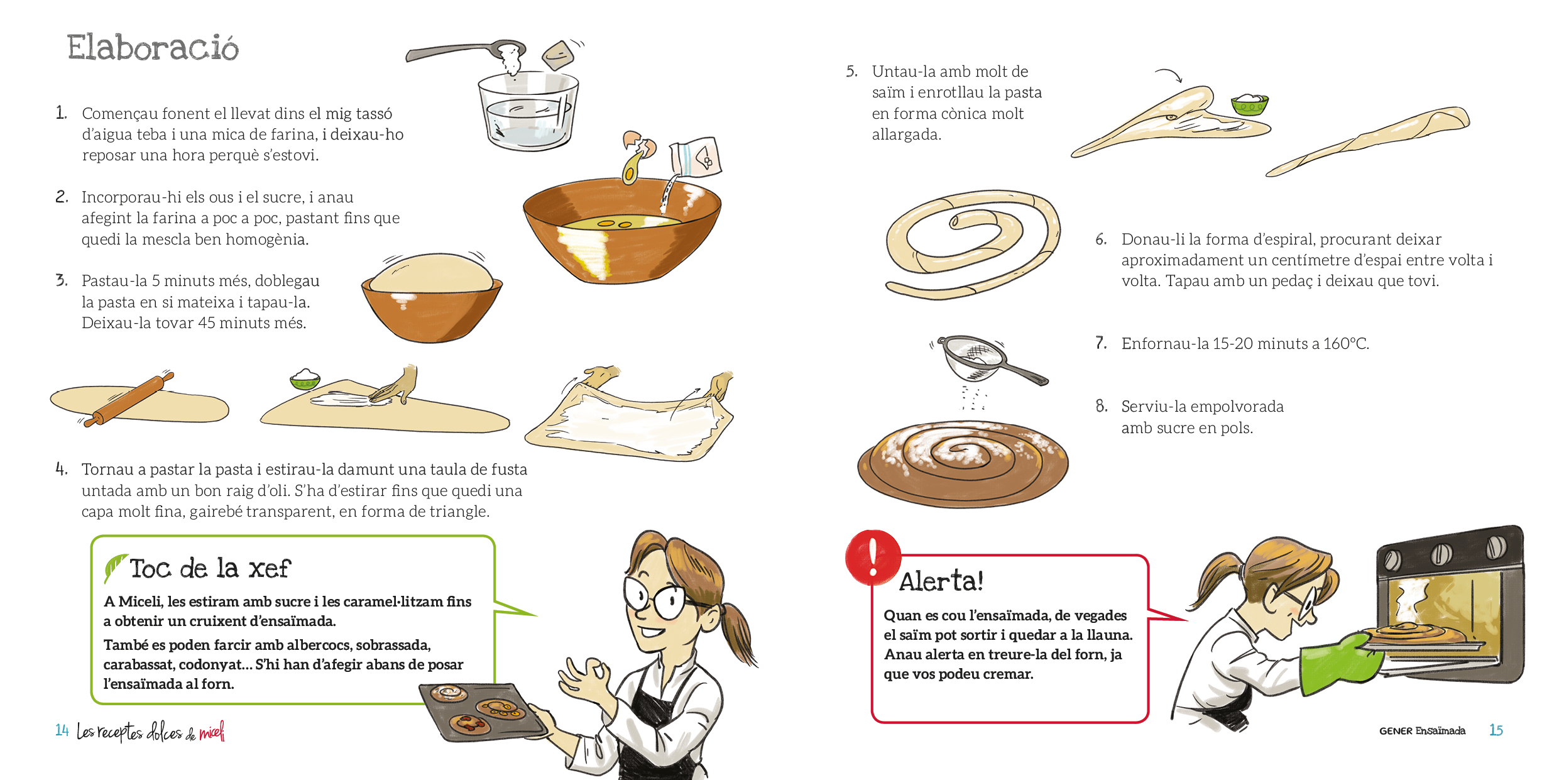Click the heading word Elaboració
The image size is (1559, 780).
[153, 48]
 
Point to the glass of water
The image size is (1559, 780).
[527, 112]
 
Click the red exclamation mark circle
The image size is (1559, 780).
[872, 556]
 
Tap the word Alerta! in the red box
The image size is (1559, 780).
[941, 581]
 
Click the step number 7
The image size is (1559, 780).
[1101, 343]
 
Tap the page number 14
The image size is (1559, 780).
[62, 730]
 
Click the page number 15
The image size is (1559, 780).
[1496, 730]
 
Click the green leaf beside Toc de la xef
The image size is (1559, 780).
[114, 567]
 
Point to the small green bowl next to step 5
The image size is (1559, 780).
[1249, 104]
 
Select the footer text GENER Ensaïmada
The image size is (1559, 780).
[1422, 730]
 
